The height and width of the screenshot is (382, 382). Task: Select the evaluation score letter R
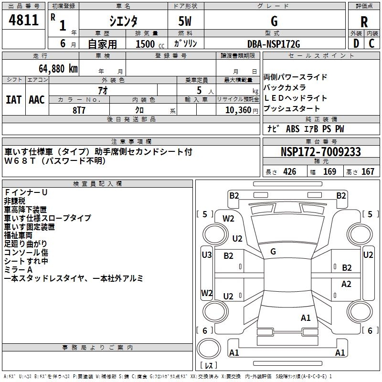364,21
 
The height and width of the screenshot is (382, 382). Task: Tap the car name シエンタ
123,21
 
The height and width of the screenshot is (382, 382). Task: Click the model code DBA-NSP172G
274,44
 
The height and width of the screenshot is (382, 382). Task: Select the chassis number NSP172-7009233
320,152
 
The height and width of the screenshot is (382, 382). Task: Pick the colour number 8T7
79,109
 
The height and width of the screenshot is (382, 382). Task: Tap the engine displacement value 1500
146,44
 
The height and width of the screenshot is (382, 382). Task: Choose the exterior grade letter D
356,43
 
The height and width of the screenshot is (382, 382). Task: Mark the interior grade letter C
371,43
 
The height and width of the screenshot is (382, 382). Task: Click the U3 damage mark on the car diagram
206,255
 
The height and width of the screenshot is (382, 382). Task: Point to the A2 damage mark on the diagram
346,284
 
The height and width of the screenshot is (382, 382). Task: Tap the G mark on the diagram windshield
273,252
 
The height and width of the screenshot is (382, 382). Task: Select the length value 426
289,172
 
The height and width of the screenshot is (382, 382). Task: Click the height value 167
368,172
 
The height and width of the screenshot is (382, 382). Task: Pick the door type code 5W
185,21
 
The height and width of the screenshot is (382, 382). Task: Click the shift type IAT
13,100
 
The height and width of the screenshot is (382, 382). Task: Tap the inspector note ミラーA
19,270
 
